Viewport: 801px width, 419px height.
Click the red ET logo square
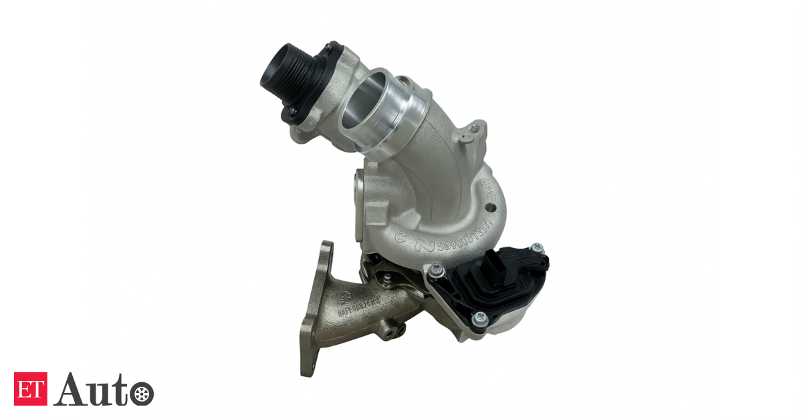pyautogui.click(x=31, y=388)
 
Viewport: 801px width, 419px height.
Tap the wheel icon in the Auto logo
pyautogui.click(x=140, y=392)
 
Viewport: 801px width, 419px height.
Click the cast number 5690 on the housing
pyautogui.click(x=450, y=243)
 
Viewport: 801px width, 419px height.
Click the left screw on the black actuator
pyautogui.click(x=437, y=270)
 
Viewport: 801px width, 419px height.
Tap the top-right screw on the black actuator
pyautogui.click(x=535, y=249)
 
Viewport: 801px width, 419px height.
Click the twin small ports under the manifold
pyautogui.click(x=394, y=328)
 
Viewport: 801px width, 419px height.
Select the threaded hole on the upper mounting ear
pyautogui.click(x=475, y=126)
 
